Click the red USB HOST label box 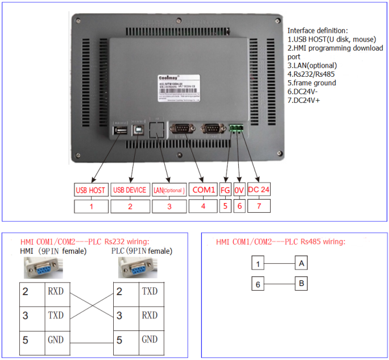pos(90,190)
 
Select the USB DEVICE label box pos(130,190)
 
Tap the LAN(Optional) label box pos(169,190)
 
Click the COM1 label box pos(203,190)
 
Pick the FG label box pos(225,190)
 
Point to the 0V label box pos(239,190)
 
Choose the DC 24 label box pos(259,190)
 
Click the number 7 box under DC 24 pos(259,206)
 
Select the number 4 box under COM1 pos(203,206)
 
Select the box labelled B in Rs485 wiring pos(302,283)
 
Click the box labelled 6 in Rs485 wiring pos(259,283)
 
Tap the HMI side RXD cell pos(56,292)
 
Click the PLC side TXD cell pos(150,292)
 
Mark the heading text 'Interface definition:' pos(318,30)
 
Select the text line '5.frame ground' pos(312,82)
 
